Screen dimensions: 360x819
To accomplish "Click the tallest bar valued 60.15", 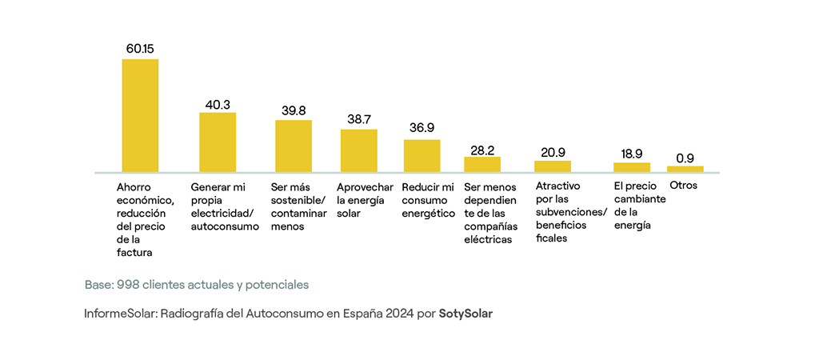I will click(140, 115).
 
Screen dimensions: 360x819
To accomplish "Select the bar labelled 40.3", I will click(218, 142).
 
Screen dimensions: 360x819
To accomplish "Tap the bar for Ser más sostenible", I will click(294, 146).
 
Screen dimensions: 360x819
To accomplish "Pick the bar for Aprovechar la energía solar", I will click(359, 150).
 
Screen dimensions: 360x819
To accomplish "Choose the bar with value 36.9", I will click(421, 156).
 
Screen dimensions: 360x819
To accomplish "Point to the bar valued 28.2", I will click(482, 165).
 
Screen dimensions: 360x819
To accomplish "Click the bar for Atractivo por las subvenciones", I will click(553, 166).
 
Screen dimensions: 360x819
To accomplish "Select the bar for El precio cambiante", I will click(632, 167).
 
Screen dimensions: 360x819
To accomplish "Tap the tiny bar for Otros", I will click(685, 169).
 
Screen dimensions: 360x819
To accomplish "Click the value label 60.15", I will click(140, 49).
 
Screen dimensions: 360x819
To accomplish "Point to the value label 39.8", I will click(294, 110).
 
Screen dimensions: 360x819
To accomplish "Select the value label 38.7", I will click(359, 119).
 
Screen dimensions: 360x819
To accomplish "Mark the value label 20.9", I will click(553, 151).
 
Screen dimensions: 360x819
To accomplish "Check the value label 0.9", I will click(685, 158).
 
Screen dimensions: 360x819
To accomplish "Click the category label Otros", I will click(684, 186).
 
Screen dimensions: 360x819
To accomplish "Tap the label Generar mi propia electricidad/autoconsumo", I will click(225, 206).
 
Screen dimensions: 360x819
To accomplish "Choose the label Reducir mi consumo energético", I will click(428, 199).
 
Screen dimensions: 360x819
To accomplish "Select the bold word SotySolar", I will click(465, 314).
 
